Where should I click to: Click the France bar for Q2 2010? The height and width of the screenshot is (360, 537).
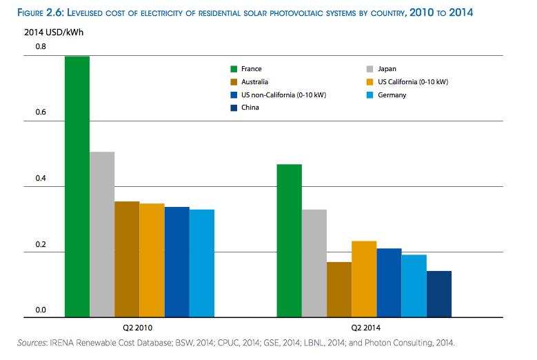click(77, 186)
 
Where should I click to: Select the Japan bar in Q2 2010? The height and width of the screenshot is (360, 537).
click(102, 234)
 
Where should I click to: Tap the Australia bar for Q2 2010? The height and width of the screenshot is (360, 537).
click(127, 259)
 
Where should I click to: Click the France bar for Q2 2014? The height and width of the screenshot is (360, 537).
click(289, 241)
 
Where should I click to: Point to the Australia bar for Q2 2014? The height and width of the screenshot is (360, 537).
click(339, 290)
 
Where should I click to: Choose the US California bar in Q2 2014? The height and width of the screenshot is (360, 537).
click(364, 279)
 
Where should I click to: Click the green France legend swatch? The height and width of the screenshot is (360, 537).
click(234, 69)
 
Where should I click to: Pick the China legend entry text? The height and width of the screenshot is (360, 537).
click(250, 108)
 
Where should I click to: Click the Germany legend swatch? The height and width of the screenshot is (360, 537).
click(368, 95)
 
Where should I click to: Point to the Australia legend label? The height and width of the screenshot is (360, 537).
click(254, 82)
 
